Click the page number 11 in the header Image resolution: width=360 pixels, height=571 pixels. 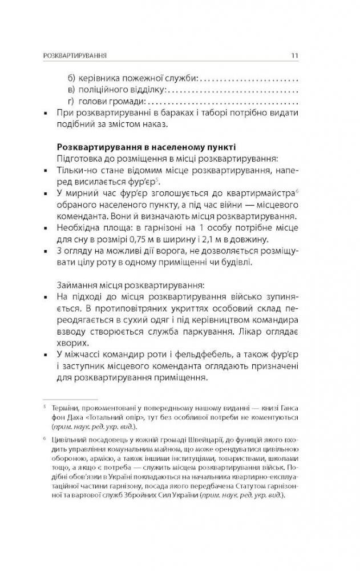pyautogui.click(x=294, y=55)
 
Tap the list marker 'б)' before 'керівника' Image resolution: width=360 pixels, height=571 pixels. pyautogui.click(x=72, y=77)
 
